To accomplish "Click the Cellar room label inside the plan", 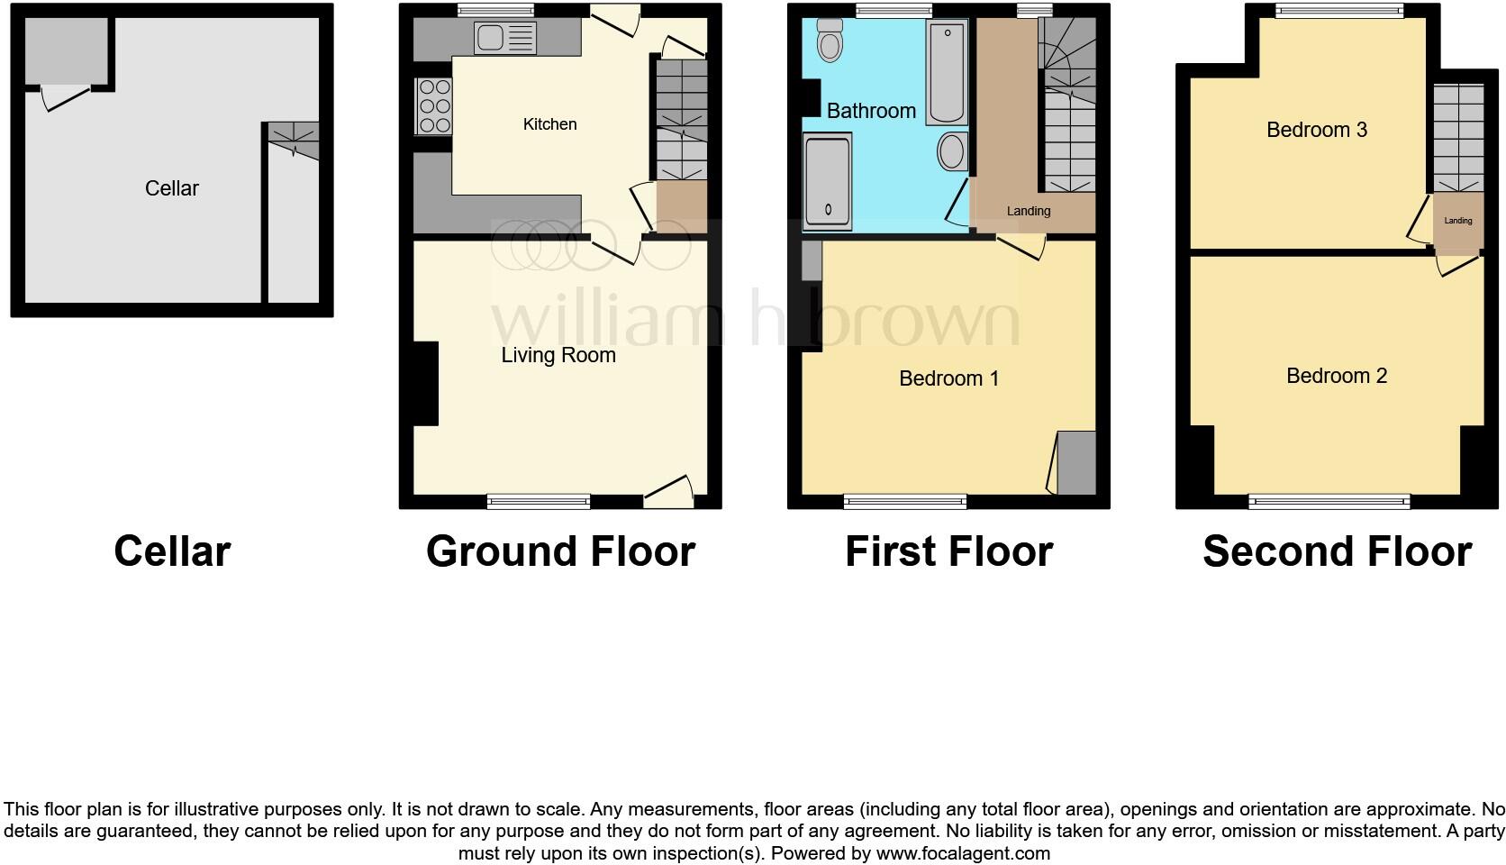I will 171,188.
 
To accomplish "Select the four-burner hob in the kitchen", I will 434,106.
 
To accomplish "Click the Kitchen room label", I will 549,124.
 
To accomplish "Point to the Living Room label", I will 558,355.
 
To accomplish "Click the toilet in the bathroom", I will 830,41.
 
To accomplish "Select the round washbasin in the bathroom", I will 952,151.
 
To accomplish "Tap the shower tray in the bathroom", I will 827,180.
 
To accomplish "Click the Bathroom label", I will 871,111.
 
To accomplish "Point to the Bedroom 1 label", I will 948,378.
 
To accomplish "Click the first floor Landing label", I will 1028,211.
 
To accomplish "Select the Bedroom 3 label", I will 1316,130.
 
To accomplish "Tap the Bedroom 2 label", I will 1336,376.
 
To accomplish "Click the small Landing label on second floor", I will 1457,221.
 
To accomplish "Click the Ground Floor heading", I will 560,551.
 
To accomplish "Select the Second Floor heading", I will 1337,551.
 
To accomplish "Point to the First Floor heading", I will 948,551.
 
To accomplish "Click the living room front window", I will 539,501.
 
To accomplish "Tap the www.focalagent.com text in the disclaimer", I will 962,852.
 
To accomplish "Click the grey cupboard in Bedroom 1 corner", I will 1075,463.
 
